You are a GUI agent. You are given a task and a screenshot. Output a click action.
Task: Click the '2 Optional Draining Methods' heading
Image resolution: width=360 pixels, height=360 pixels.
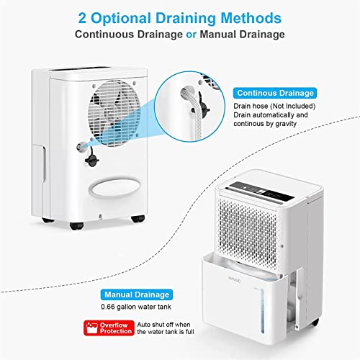pyautogui.click(x=180, y=18)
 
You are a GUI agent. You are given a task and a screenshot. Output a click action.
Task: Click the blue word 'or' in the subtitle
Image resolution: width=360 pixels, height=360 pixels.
pyautogui.click(x=191, y=35)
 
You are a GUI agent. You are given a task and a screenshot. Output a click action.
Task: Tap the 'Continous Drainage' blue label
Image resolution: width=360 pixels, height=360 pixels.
pyautogui.click(x=275, y=93)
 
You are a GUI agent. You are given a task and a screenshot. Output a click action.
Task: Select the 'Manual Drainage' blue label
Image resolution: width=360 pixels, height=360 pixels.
pyautogui.click(x=137, y=294)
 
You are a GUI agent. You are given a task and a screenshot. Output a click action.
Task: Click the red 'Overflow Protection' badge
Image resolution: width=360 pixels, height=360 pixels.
pyautogui.click(x=109, y=328)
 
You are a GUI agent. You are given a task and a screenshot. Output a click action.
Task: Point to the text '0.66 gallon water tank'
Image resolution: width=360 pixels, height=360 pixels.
pyautogui.click(x=136, y=307)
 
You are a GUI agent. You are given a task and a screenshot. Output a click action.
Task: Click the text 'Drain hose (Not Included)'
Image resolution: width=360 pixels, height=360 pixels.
pyautogui.click(x=274, y=106)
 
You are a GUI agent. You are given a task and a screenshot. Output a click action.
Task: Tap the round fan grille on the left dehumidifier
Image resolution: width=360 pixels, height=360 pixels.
pyautogui.click(x=114, y=113)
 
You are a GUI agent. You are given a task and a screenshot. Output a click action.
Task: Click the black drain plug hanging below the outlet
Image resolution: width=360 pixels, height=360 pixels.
pyautogui.click(x=91, y=158)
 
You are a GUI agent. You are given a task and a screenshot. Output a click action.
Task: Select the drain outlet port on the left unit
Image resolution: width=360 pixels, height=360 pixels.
pyautogui.click(x=81, y=146)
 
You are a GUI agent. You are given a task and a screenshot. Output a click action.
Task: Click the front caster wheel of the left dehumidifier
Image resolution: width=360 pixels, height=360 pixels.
pyautogui.click(x=76, y=225)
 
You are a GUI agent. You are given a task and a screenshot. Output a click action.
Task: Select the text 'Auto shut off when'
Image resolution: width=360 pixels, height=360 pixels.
pyautogui.click(x=163, y=325)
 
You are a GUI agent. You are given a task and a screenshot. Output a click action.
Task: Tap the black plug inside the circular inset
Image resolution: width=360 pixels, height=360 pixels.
pyautogui.click(x=201, y=106)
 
